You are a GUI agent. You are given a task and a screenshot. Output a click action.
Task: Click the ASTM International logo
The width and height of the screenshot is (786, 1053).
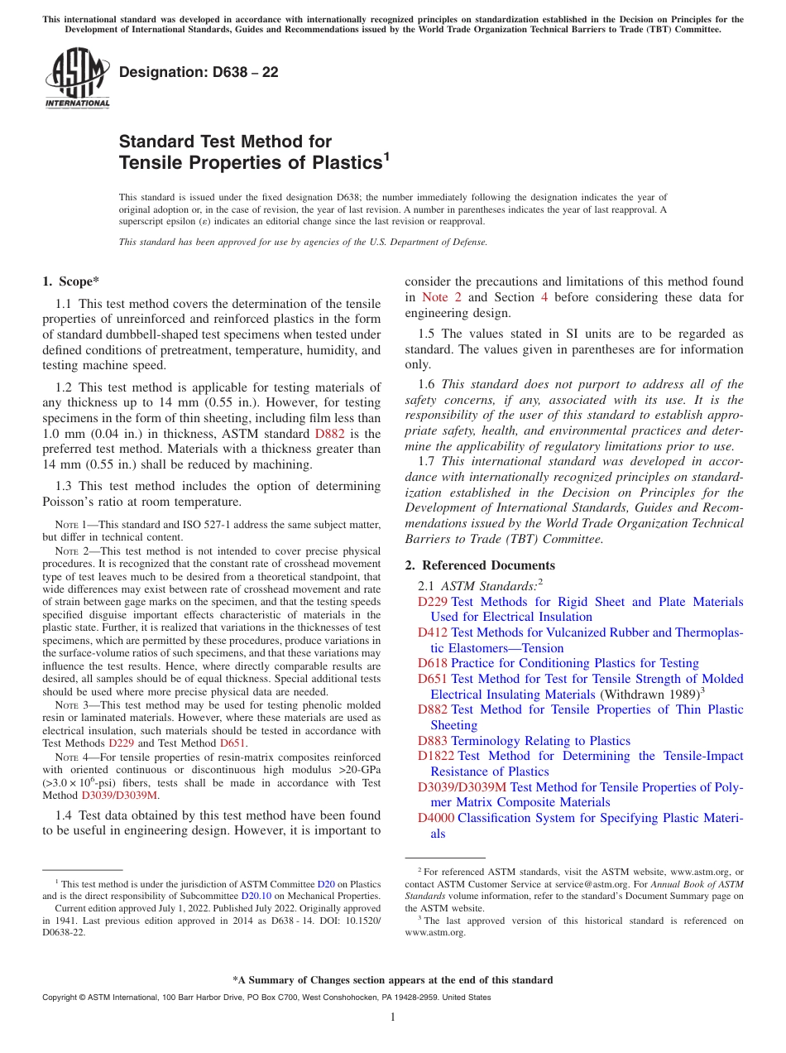(77, 79)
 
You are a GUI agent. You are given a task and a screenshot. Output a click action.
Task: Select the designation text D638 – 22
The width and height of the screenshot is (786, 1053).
(199, 72)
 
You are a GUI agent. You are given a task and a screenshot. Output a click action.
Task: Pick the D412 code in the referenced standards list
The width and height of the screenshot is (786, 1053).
(432, 632)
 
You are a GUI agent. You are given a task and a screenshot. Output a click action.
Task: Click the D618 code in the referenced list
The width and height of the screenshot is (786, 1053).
(432, 663)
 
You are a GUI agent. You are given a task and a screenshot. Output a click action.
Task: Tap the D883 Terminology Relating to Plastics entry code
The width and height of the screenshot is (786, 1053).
(432, 741)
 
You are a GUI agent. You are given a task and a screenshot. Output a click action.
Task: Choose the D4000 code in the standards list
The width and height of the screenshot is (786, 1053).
(435, 818)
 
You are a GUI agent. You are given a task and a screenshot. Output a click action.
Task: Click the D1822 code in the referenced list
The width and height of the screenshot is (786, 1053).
(435, 756)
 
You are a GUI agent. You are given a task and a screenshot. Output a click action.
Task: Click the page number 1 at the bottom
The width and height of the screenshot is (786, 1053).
(393, 1017)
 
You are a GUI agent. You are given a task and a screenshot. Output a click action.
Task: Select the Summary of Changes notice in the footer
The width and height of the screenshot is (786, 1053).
(393, 980)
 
